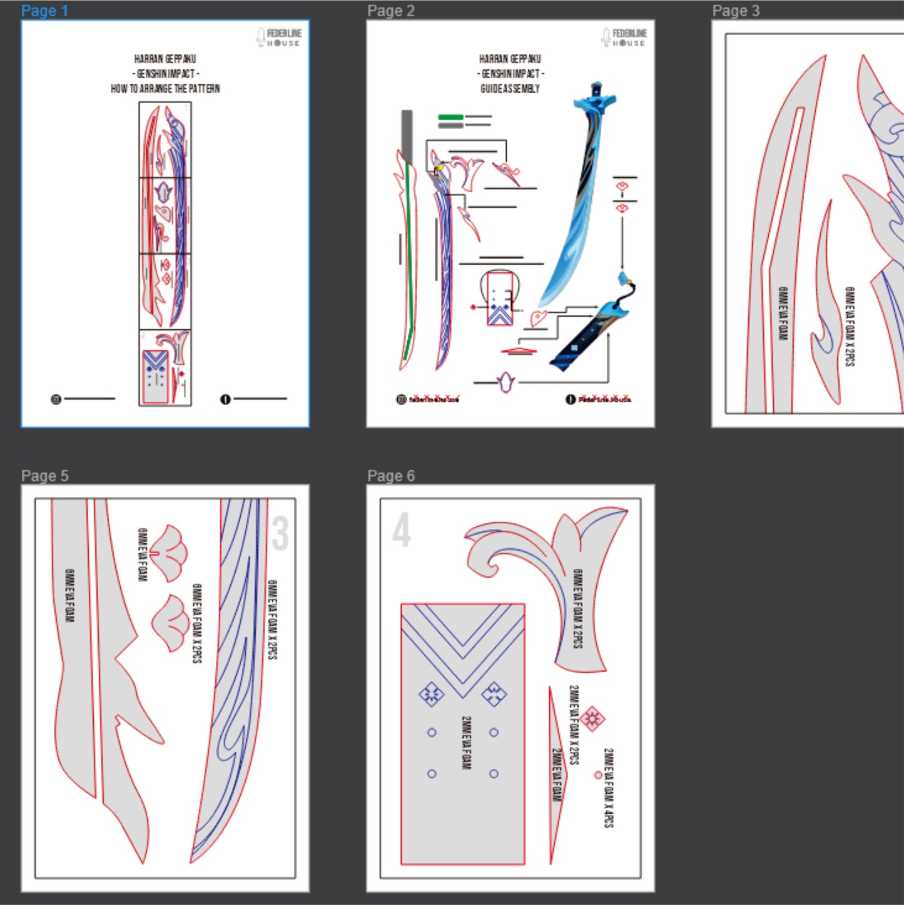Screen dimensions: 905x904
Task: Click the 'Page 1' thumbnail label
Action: point(44,11)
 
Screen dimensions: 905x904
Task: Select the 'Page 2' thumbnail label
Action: point(391,11)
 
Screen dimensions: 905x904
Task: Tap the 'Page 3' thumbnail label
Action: point(736,11)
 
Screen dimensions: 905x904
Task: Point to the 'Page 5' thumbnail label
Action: point(44,476)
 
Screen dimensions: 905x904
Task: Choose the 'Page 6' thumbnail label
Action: point(391,476)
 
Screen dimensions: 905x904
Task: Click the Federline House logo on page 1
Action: point(279,38)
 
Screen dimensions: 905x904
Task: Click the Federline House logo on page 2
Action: point(624,38)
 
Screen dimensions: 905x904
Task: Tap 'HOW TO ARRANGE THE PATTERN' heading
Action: point(165,89)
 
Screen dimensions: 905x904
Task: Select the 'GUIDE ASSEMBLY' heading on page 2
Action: point(510,89)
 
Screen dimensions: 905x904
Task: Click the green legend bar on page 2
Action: point(450,117)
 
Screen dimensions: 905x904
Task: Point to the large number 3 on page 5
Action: point(280,533)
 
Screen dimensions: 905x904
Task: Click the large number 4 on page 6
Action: point(401,530)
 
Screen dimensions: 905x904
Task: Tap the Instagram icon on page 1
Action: point(56,399)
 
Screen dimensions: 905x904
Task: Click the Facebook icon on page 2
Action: point(571,399)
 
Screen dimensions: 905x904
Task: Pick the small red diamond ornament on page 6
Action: point(592,718)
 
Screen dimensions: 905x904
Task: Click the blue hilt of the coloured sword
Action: point(595,100)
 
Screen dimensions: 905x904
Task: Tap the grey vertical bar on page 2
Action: point(407,135)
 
